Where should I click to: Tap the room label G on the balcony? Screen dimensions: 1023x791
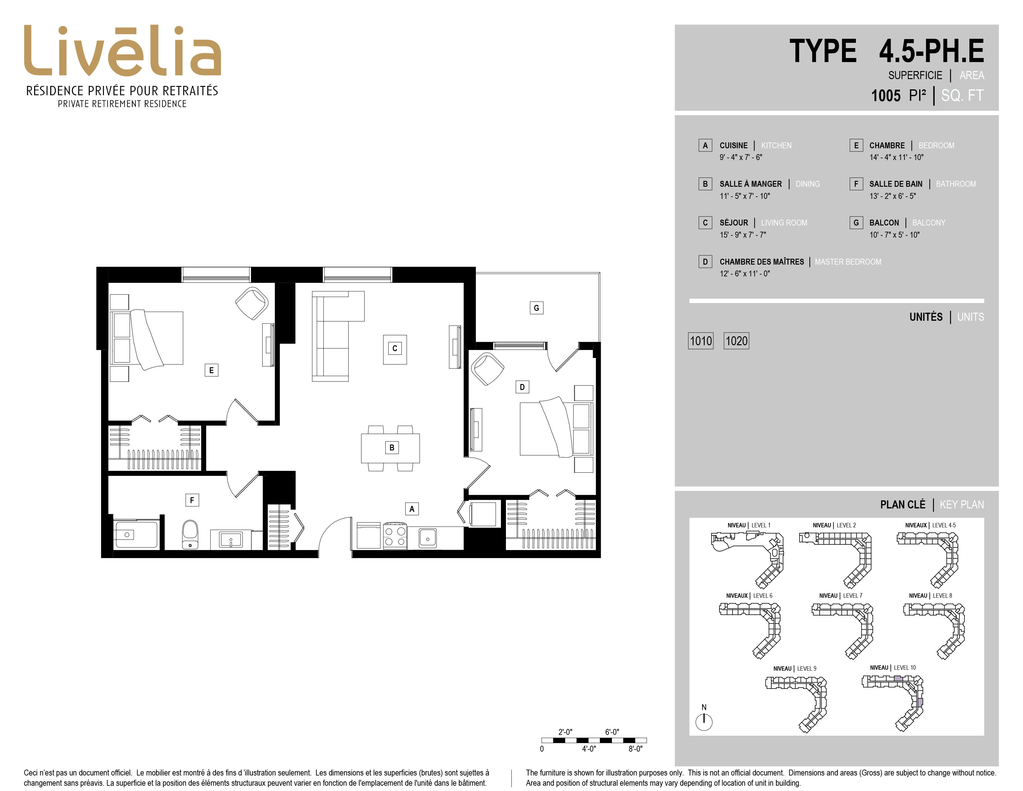tap(536, 308)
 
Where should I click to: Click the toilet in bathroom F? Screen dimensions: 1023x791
tap(190, 534)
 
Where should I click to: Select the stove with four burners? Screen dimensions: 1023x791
tap(395, 536)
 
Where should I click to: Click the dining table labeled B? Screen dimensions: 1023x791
tap(390, 448)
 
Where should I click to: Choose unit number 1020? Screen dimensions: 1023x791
tap(736, 341)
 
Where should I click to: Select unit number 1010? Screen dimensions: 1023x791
tap(701, 341)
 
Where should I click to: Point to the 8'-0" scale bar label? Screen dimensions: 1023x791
tap(635, 749)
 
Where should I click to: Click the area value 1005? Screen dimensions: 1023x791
tap(886, 96)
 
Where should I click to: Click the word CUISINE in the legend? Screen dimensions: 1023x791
tap(733, 145)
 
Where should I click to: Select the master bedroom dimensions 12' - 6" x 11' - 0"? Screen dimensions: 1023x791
tap(745, 274)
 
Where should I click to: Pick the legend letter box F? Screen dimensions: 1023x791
tap(856, 184)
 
